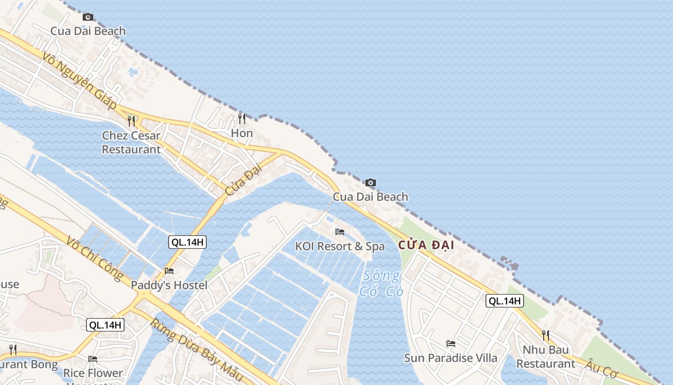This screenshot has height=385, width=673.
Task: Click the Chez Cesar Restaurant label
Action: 131,142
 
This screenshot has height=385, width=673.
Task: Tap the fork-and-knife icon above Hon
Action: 242,118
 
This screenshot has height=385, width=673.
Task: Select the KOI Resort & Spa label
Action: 340,246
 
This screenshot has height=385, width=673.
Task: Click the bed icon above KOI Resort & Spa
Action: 340,232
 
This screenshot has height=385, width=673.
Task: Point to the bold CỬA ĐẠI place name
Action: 426,245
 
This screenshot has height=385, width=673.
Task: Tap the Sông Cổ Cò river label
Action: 381,283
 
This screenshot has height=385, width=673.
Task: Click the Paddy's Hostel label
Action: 169,285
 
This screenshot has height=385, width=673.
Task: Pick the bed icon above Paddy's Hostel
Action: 169,271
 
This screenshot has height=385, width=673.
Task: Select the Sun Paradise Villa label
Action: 450,358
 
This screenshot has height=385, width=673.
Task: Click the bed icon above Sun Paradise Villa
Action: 451,344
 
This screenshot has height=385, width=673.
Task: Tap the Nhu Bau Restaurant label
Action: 546,357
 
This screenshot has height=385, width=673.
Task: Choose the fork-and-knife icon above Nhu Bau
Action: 546,335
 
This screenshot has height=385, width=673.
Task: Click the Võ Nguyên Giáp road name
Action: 79,80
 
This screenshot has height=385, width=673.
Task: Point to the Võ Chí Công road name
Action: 95,258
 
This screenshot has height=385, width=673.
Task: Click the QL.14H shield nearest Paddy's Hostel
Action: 187,242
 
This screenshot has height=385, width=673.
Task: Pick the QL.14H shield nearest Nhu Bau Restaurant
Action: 504,301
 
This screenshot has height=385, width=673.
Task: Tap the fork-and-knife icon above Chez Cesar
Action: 131,121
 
